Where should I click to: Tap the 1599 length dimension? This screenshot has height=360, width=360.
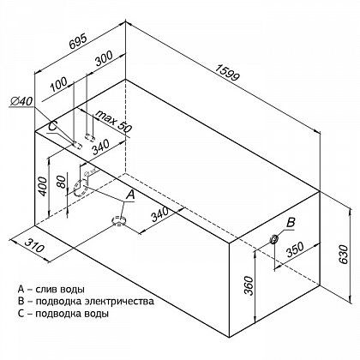pyautogui.click(x=227, y=73)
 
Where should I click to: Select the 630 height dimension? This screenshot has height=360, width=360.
pyautogui.click(x=344, y=254)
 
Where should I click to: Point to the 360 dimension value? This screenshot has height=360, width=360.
pyautogui.click(x=249, y=285)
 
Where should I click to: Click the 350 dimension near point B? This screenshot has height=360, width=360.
pyautogui.click(x=295, y=249)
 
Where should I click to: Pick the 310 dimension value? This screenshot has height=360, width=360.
pyautogui.click(x=34, y=243)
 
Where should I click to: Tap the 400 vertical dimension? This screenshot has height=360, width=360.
pyautogui.click(x=43, y=186)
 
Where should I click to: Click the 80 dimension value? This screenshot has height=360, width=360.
pyautogui.click(x=61, y=182)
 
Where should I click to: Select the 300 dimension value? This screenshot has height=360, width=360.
pyautogui.click(x=104, y=58)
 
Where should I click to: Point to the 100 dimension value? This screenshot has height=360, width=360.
pyautogui.click(x=58, y=84)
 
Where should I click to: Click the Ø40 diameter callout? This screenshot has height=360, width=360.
pyautogui.click(x=22, y=101)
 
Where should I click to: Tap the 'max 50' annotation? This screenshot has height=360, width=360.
pyautogui.click(x=113, y=121)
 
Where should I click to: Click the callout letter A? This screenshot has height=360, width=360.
pyautogui.click(x=130, y=195)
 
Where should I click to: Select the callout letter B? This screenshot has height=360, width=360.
pyautogui.click(x=291, y=222)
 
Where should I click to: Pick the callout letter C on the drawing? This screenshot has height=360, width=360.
pyautogui.click(x=53, y=126)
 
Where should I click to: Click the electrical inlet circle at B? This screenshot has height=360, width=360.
pyautogui.click(x=273, y=238)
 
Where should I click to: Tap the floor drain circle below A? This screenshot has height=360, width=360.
pyautogui.click(x=118, y=220)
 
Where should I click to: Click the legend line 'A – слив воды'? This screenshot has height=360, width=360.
pyautogui.click(x=51, y=289)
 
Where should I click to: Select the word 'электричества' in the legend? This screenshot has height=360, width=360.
pyautogui.click(x=120, y=301)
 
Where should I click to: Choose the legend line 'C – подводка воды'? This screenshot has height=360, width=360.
pyautogui.click(x=63, y=314)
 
